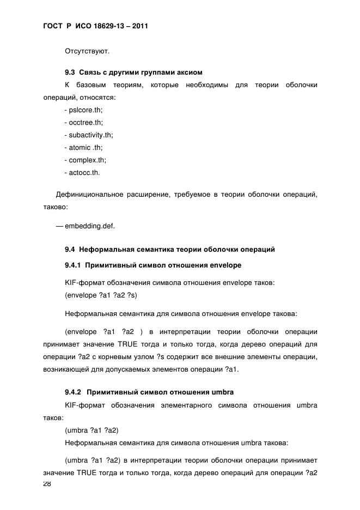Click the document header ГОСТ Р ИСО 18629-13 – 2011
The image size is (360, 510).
click(x=95, y=26)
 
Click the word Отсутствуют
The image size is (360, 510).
click(x=87, y=52)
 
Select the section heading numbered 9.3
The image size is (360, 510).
click(x=133, y=72)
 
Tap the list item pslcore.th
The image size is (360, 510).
click(x=83, y=110)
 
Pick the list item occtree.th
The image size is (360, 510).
click(x=83, y=123)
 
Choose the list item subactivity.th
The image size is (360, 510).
click(x=88, y=135)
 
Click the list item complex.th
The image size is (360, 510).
click(x=85, y=160)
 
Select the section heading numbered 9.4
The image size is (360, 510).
click(x=169, y=250)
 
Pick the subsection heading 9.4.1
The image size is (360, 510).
click(x=152, y=265)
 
